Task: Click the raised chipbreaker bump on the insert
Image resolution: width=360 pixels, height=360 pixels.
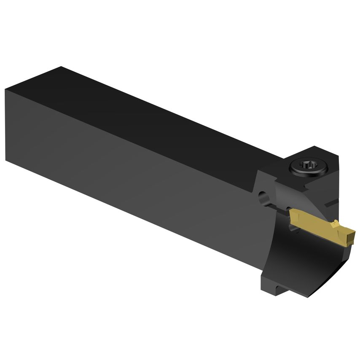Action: pyautogui.click(x=335, y=222)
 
